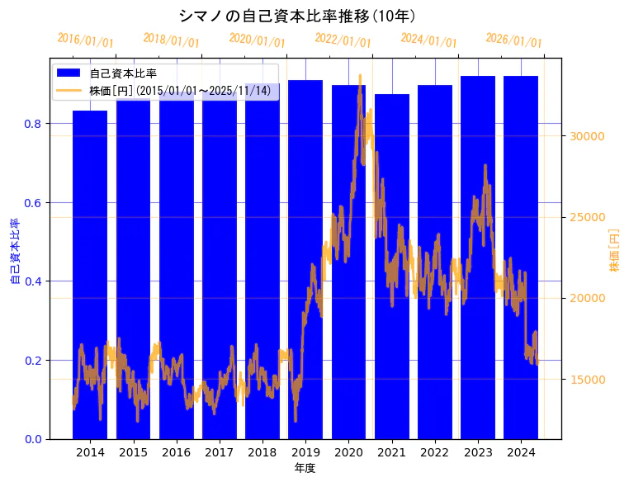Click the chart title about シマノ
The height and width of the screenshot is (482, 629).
296,16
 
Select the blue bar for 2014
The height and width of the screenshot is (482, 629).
90,272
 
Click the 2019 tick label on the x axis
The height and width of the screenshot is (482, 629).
305,452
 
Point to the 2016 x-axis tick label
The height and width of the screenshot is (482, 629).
177,452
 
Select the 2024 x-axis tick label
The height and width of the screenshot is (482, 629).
521,452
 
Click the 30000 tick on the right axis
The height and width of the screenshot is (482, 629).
589,136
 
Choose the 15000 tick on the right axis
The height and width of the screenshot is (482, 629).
589,380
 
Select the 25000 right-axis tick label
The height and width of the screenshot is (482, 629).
589,217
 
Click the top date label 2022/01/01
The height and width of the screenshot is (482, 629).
343,40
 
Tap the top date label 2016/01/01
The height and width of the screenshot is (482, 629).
85,40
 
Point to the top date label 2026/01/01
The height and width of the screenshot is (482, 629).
513,40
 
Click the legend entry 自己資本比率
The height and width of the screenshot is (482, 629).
123,73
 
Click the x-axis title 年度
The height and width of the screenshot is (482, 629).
305,468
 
